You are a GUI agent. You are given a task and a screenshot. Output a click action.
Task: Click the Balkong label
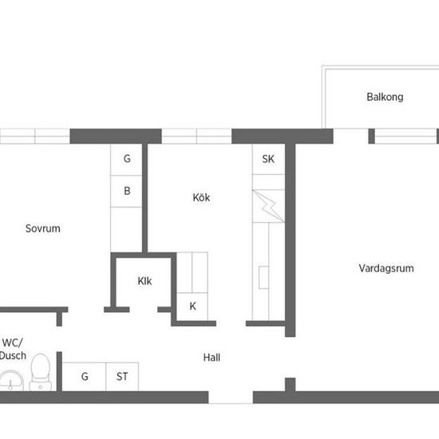coord(385,97)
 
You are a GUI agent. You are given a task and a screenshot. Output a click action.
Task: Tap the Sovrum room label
coord(43,228)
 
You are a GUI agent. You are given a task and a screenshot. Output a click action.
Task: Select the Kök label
coord(201,197)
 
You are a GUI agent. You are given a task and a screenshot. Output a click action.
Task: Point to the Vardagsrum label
coord(386,268)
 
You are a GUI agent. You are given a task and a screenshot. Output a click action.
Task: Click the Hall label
coord(212,358)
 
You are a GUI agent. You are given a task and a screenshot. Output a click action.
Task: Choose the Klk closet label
coord(144,281)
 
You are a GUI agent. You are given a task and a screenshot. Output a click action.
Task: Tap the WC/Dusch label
coord(13,349)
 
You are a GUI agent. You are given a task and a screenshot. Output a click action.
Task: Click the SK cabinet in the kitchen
coord(268,159)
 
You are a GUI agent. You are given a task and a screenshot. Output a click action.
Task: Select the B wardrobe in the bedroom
coord(126,192)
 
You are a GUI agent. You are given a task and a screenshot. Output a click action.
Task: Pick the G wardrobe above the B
coord(126,160)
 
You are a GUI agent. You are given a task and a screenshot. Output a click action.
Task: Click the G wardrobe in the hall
coord(84,377)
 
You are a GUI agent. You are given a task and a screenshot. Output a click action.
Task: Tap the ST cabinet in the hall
coord(122,377)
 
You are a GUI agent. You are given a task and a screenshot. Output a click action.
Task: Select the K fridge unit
coord(192,307)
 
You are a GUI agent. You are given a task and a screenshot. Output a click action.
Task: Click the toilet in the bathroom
coord(41,372)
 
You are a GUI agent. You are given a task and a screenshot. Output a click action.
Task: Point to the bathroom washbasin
coord(11,381)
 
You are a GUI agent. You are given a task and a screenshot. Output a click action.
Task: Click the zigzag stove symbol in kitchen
coord(268,206)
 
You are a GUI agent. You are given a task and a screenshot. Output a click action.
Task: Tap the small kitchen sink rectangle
coord(263,278)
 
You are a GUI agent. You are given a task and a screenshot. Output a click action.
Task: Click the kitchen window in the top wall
coord(196,136)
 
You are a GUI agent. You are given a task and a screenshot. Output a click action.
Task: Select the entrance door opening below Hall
coord(231,397)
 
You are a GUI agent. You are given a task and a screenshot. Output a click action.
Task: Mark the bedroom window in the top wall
coord(34,136)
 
